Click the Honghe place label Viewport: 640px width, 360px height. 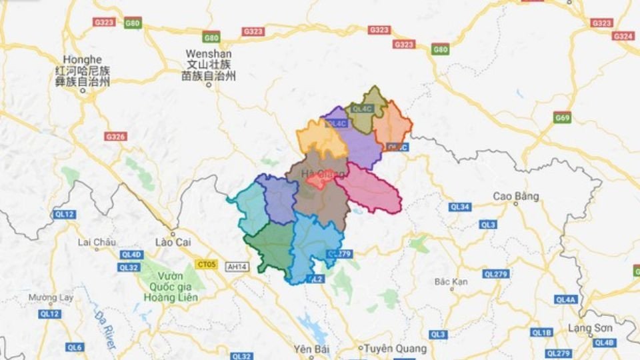click(83, 60)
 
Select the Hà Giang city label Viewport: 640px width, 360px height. click(318, 175)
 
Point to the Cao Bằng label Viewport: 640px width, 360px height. click(515, 196)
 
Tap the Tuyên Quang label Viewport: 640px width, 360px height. click(389, 348)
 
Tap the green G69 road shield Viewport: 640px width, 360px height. click(563, 118)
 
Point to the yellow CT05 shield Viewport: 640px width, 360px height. click(206, 264)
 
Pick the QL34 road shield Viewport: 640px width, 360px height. click(460, 207)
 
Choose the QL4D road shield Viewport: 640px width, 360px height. click(131, 255)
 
